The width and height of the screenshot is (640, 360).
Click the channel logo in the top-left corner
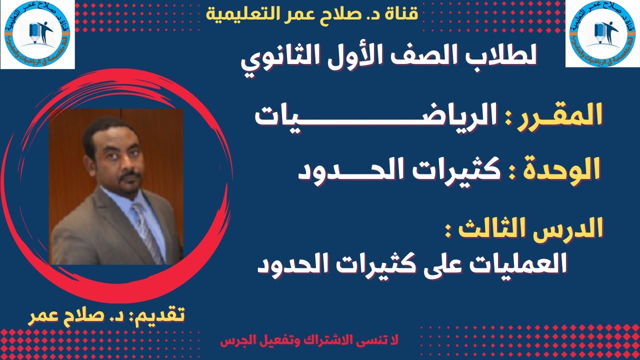(37, 34)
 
